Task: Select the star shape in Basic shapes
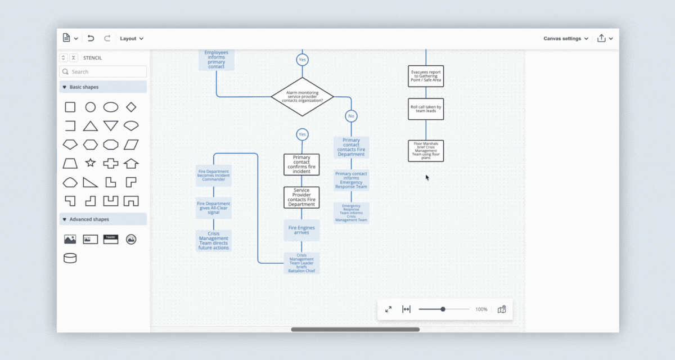pos(90,163)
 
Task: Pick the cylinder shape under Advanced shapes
pos(70,258)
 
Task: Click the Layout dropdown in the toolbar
pos(132,38)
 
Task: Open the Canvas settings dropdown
pos(566,38)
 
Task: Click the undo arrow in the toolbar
pos(91,38)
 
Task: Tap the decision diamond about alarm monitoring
pos(302,96)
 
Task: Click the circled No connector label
pos(351,116)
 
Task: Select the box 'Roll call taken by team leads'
pos(426,109)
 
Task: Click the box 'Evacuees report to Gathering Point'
pos(426,76)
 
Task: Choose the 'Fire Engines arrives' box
pos(301,230)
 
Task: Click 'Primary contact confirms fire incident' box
pos(301,164)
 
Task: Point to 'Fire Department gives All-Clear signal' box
pos(213,208)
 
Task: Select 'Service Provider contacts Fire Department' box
pos(301,197)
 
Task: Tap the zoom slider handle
pos(443,309)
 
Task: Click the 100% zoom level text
pos(481,309)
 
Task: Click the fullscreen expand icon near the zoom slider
pos(388,309)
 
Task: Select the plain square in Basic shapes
pos(70,107)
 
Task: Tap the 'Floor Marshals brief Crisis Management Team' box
pos(426,151)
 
